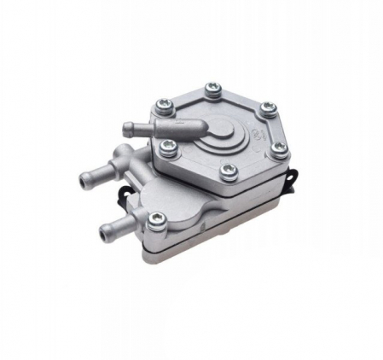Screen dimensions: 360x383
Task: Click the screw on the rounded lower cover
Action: (155, 219)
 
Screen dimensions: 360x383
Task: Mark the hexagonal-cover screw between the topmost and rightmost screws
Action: (266, 107)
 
